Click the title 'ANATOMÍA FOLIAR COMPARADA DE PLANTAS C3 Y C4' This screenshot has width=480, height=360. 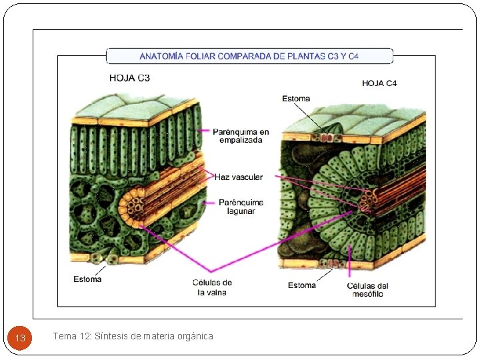(249, 56)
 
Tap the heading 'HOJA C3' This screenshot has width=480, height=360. (129, 78)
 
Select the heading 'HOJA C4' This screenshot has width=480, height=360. (379, 83)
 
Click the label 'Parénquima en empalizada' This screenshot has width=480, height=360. (241, 135)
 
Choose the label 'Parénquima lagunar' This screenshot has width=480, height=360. (241, 207)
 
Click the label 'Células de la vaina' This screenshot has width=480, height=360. (212, 287)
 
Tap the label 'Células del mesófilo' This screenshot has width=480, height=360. (367, 290)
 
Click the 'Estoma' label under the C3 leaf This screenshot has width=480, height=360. (87, 279)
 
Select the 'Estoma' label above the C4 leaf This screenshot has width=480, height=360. (296, 99)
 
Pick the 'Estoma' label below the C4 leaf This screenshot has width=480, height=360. (302, 285)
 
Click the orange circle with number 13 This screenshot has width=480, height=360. (20, 338)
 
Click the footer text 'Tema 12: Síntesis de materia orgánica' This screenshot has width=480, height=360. (133, 336)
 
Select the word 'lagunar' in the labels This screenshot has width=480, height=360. (241, 211)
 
